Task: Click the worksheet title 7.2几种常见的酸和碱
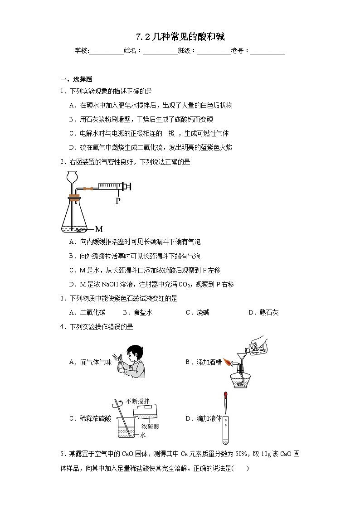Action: pyautogui.click(x=180, y=37)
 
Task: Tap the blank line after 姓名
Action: pyautogui.click(x=160, y=51)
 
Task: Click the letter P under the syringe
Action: pyautogui.click(x=118, y=201)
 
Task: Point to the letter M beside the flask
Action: pyautogui.click(x=99, y=229)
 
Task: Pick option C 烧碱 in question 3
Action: pyautogui.click(x=198, y=312)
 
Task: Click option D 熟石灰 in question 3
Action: pyautogui.click(x=263, y=312)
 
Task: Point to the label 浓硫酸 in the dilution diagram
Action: pyautogui.click(x=150, y=427)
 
